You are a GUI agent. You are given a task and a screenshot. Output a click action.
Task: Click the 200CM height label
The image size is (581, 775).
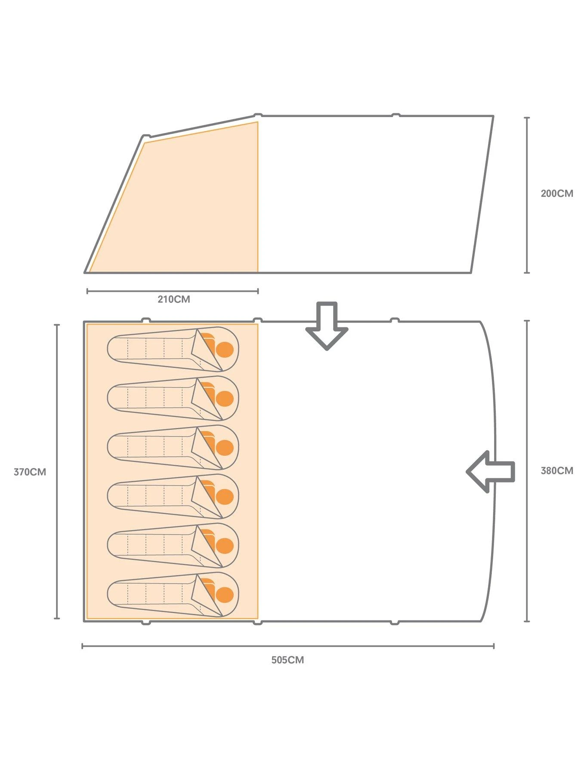(556, 194)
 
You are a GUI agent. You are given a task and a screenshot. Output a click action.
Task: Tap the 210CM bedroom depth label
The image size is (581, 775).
(173, 299)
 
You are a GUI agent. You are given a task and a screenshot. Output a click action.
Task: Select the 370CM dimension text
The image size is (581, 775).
(30, 472)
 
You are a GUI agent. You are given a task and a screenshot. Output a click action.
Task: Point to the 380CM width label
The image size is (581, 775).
(556, 471)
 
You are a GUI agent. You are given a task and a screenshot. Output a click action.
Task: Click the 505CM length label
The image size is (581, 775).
(287, 660)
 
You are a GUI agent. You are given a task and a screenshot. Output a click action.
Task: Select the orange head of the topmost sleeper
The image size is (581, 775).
(224, 350)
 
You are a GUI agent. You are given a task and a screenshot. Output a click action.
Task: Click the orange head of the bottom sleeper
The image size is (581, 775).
(224, 595)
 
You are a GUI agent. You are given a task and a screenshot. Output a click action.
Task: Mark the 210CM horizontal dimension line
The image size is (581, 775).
(172, 291)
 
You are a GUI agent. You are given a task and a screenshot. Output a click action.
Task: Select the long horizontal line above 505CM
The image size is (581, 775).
(287, 646)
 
